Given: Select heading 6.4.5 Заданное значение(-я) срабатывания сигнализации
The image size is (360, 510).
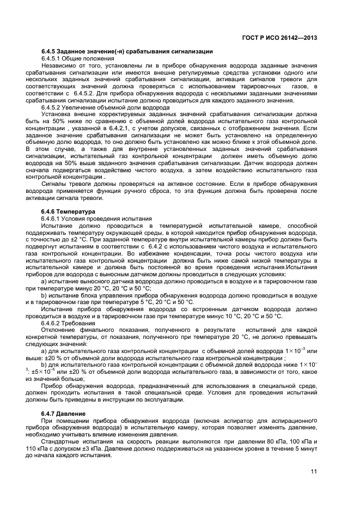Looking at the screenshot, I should click(x=127, y=52).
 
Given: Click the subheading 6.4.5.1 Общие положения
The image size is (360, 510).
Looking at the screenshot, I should click(x=78, y=58).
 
